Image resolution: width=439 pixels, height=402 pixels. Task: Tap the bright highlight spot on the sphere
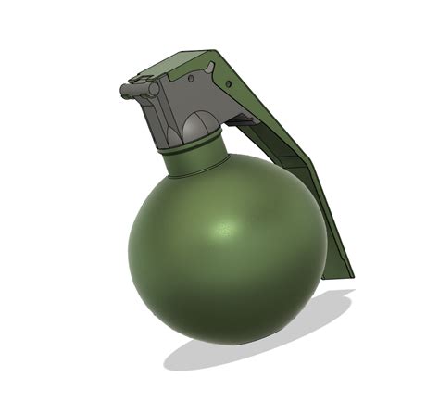(225, 228)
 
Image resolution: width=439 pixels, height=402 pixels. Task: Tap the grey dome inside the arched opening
(195, 126)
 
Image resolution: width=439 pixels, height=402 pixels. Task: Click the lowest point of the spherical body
(222, 345)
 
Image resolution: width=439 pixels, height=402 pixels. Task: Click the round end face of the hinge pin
(123, 90)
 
